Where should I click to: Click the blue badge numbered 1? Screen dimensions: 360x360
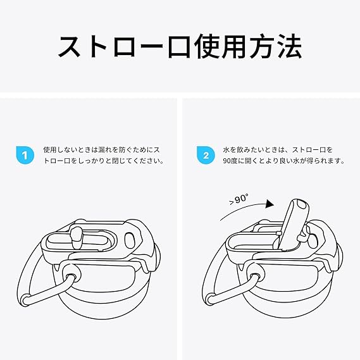(25, 155)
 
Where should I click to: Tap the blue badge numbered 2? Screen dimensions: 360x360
(206, 155)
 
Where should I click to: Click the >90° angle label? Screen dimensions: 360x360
(239, 199)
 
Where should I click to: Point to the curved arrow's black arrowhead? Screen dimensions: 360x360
(269, 204)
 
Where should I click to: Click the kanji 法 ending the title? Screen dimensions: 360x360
(290, 46)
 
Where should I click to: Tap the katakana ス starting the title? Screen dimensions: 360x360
(70, 46)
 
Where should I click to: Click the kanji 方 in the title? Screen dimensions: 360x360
(263, 46)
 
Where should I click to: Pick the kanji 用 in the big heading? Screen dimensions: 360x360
(236, 46)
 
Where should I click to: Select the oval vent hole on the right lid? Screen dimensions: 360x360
(313, 240)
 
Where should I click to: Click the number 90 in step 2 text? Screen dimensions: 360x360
(227, 161)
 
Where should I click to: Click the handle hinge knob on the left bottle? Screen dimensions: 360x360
(71, 274)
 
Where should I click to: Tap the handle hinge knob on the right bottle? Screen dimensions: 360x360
(255, 273)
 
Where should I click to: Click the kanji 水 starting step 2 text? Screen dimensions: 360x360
(227, 150)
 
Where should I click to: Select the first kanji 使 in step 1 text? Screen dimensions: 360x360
(47, 150)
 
